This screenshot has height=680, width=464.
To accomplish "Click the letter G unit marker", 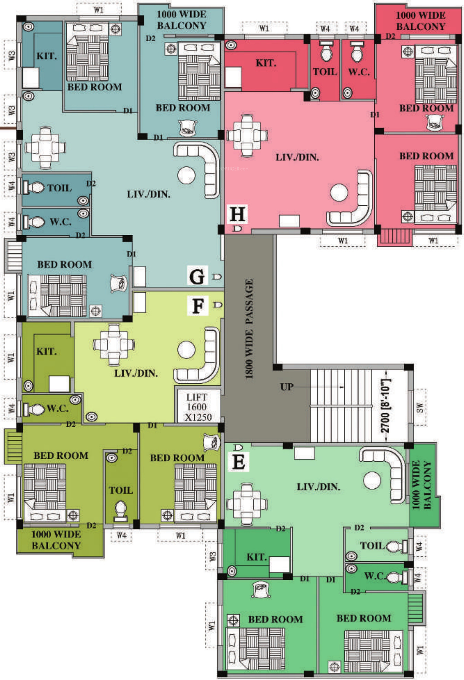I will (197, 276).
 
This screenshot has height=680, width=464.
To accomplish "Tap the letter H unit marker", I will (237, 214).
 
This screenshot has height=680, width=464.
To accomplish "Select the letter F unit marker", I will (198, 306).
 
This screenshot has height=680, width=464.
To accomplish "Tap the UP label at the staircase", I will (287, 387).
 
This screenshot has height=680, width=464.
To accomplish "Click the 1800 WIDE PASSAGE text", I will (249, 329).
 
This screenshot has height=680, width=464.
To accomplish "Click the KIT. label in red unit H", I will (266, 63).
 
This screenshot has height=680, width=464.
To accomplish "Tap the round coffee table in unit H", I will (339, 192).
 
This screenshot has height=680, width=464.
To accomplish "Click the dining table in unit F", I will (114, 344).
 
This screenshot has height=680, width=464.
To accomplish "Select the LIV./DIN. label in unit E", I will (318, 487).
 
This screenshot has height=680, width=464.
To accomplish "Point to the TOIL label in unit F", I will (120, 490).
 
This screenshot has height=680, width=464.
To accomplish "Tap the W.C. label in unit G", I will (61, 222).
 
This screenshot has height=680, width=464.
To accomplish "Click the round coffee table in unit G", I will (186, 175).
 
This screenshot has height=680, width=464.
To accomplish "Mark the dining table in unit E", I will (247, 503).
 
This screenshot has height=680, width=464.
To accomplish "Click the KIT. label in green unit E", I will (257, 557).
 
